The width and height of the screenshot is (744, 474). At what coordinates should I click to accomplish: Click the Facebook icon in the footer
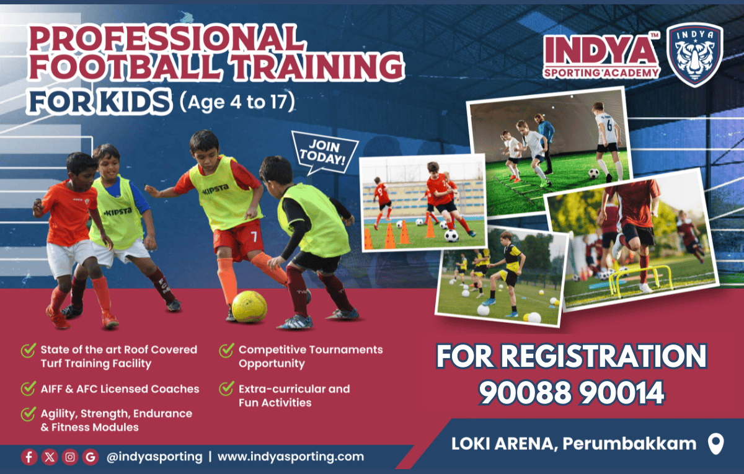[29, 457]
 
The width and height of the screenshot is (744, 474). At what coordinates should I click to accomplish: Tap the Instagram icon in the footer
[69, 457]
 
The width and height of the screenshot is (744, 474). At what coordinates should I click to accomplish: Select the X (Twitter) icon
[50, 457]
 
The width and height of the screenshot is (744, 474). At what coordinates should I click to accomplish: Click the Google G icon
[91, 457]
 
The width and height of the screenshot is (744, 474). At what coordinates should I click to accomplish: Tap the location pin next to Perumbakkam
[715, 444]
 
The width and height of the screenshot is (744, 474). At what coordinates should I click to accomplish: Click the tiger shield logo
[695, 55]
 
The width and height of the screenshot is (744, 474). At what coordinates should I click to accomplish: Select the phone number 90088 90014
[571, 393]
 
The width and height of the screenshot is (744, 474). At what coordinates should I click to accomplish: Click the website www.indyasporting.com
[291, 457]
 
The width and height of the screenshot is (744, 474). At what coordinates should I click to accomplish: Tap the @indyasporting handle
[154, 457]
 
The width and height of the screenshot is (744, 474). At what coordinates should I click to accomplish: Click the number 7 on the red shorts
[254, 237]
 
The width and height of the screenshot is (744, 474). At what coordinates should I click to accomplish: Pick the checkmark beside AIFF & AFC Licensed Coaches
[29, 388]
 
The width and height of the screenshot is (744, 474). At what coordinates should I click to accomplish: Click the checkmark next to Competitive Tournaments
[227, 350]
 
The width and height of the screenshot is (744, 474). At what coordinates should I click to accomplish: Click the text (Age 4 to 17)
[237, 102]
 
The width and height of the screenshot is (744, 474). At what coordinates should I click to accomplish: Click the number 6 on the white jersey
[609, 125]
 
